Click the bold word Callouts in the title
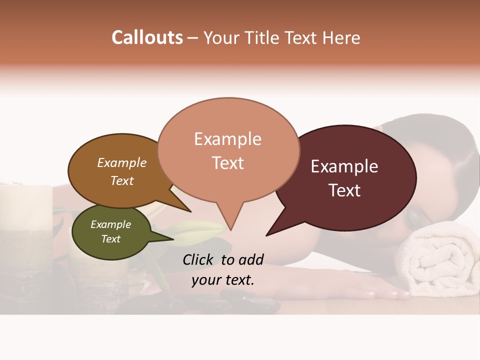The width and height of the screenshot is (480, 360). click(147, 37)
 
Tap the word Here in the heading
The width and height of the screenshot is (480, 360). click(341, 38)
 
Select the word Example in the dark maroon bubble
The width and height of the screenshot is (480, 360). click(344, 166)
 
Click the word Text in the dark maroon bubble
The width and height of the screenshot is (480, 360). click(344, 190)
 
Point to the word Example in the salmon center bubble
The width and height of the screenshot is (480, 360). click(227, 139)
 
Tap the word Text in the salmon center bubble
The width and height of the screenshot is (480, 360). click(228, 163)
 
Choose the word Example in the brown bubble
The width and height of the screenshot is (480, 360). click(122, 163)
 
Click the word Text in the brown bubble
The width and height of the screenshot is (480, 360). click(122, 181)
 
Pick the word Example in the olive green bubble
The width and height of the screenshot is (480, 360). click(111, 224)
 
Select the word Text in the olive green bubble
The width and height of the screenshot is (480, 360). click(111, 239)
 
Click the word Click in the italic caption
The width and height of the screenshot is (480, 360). click(200, 259)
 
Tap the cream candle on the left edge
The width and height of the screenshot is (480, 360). click(25, 210)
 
